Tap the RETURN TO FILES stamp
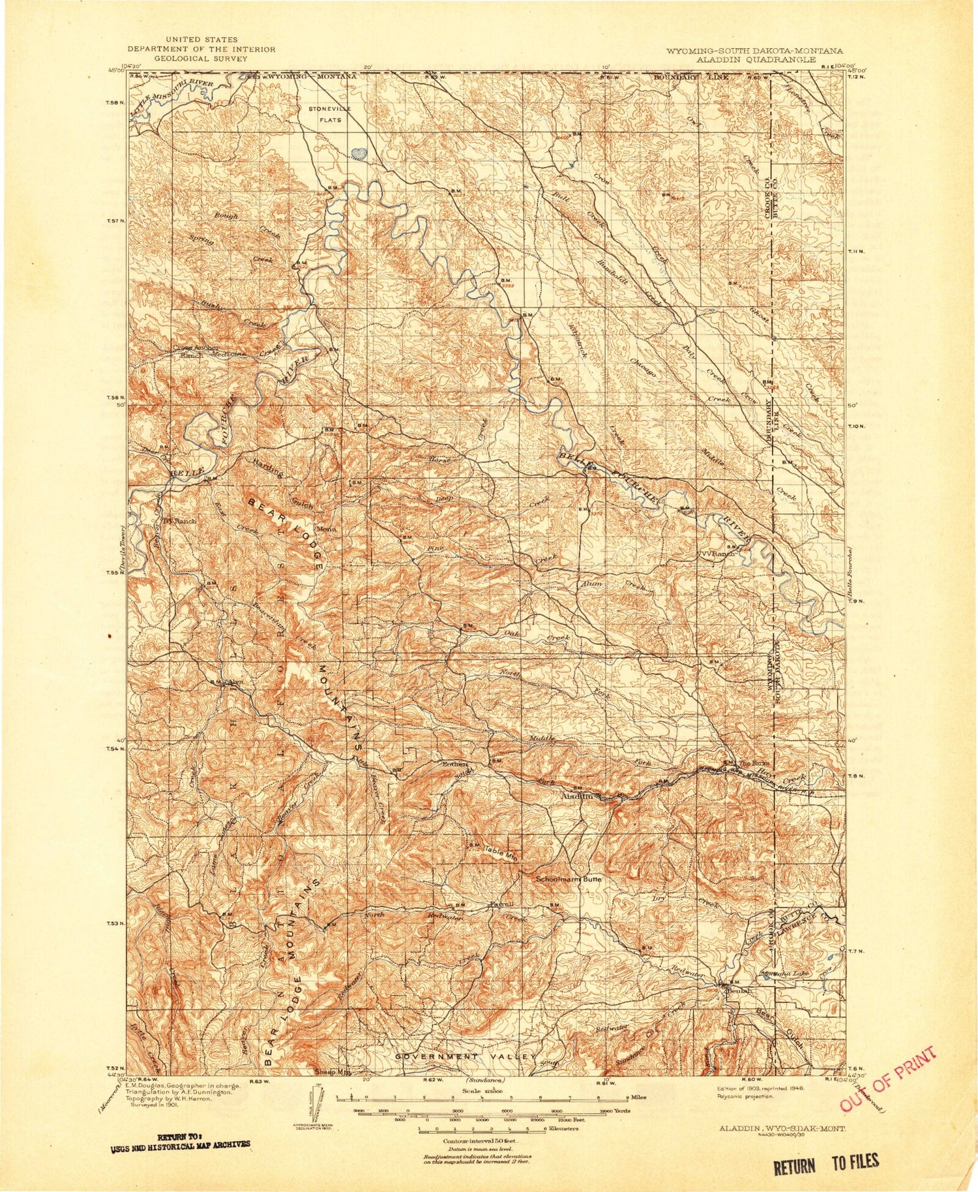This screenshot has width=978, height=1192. (825, 1163)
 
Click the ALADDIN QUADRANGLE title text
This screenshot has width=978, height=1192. (756, 59)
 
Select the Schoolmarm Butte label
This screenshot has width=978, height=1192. (568, 879)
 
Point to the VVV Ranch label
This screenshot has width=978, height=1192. (716, 553)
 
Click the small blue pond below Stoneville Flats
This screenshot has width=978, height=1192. (358, 153)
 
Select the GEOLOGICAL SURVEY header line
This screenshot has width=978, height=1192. (201, 58)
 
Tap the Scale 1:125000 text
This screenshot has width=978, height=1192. (479, 1090)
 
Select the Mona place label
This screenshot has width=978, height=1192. (326, 529)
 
